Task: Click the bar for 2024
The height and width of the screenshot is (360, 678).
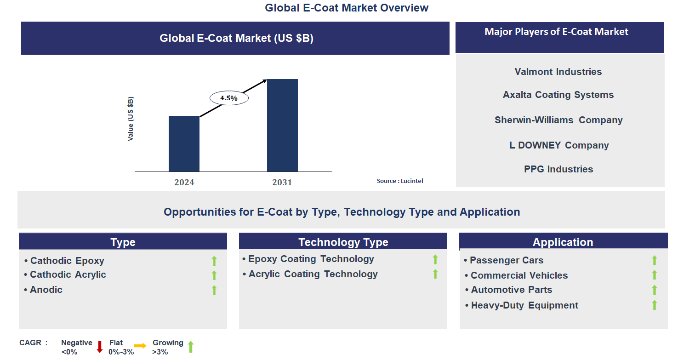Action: click(184, 143)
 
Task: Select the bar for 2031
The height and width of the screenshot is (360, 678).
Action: click(282, 125)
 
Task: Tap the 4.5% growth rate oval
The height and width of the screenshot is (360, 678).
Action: click(229, 98)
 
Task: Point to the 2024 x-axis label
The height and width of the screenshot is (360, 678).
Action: click(184, 183)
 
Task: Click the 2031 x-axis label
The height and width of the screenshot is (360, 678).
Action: click(282, 183)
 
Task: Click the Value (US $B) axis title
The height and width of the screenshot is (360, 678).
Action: click(131, 119)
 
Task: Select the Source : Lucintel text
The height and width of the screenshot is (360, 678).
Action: click(400, 181)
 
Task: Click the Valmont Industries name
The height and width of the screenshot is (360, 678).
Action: click(558, 72)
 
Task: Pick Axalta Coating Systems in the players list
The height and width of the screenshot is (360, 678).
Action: click(558, 95)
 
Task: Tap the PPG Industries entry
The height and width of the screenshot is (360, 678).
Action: click(558, 169)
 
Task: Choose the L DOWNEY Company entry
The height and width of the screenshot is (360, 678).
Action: click(559, 145)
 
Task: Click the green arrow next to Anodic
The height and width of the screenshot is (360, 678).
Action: click(214, 290)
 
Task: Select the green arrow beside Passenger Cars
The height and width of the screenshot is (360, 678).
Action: click(654, 261)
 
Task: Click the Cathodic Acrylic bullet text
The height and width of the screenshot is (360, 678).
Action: click(68, 274)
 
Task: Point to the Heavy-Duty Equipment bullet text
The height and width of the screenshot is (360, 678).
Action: click(524, 305)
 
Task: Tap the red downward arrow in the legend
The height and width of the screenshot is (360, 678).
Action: click(99, 347)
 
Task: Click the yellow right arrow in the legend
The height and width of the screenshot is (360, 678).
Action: click(140, 346)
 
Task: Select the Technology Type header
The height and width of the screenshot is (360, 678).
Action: click(343, 242)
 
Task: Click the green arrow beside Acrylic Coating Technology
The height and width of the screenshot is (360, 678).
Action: click(435, 274)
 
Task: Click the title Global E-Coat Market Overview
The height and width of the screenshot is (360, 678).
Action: click(347, 8)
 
